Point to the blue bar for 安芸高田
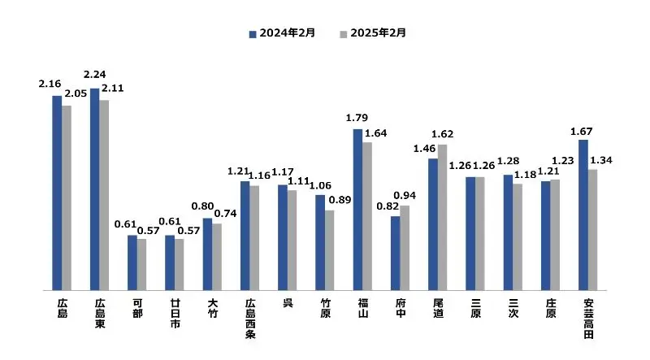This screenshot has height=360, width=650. point(583,215)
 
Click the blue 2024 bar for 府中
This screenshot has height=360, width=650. point(396,253)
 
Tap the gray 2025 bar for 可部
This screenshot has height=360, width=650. point(141,264)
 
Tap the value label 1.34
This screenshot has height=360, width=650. point(601,159)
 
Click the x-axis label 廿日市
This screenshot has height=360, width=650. point(170,314)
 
